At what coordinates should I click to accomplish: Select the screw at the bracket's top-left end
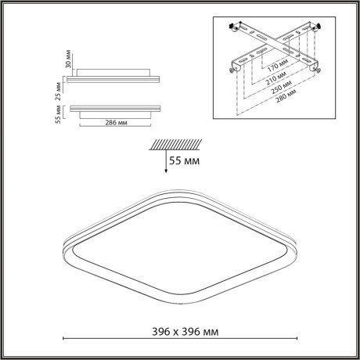[233, 28]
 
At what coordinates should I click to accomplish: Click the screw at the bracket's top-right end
[323, 27]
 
